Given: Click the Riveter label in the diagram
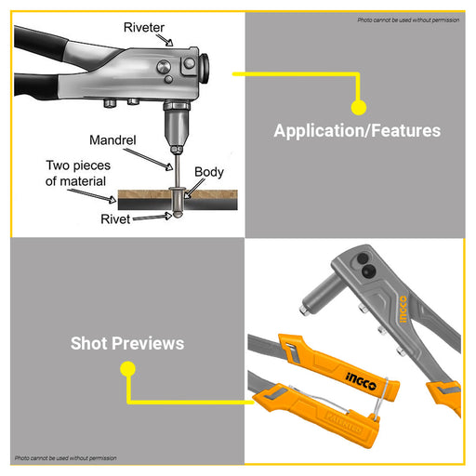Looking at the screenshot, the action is coord(144,28).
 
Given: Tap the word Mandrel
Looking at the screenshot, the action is coord(112,140).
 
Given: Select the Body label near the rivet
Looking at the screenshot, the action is coord(209,173).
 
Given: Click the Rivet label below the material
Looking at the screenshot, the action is coord(115,219).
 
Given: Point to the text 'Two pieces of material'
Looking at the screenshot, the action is coord(78,173).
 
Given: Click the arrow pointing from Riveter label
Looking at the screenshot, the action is coord(165,40).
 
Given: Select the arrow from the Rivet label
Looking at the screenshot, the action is coord(152,217).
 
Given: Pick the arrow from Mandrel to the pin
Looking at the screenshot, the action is coord(149,159).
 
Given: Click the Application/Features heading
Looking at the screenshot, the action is coord(357,130).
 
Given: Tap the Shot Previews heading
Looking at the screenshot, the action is coord(127,343).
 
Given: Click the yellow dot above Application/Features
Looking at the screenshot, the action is coord(359,108).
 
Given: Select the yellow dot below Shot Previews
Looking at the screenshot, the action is coord(127,369).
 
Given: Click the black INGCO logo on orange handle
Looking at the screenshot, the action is coord(361,381).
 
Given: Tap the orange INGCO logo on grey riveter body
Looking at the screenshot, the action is coord(403,309).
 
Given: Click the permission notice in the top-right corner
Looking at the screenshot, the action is coord(408,20).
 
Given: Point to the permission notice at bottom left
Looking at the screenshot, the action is coord(66,458).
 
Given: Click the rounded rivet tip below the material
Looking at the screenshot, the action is coord(178,214).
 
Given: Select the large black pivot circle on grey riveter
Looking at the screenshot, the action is coord(369,271).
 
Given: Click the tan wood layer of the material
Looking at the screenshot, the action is coord(178,194).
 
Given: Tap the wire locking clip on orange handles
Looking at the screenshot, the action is coord(380,399).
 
